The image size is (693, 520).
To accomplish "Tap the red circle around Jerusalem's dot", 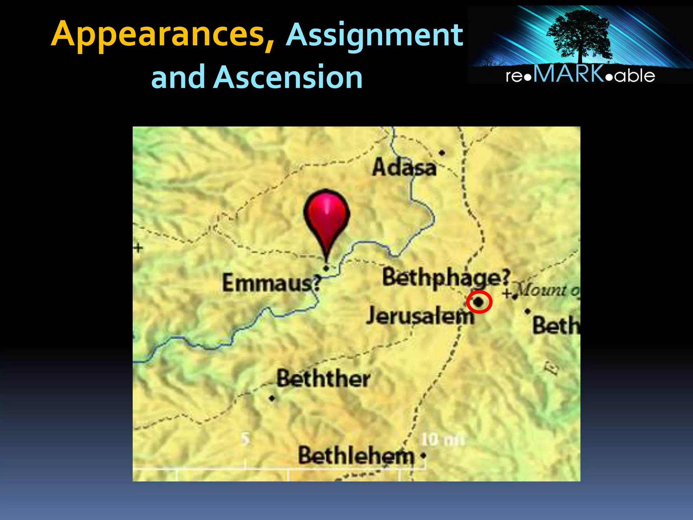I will coord(479,302).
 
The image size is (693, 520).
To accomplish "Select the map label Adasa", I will coord(404,167).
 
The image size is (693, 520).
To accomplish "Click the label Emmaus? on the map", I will coord(271,283).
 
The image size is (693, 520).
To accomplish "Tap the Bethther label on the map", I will coord(323,378).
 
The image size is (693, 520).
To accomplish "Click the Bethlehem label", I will coord(356,456).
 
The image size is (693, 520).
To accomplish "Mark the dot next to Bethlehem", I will coord(423,456).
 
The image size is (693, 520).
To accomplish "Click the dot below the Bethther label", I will coord(272,398).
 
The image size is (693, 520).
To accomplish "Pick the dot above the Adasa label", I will coord(442,153).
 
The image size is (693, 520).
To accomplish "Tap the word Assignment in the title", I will coord(374,35).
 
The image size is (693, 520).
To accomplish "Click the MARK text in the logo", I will coord(568,74).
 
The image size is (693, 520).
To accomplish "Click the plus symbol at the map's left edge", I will coord(138,248).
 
